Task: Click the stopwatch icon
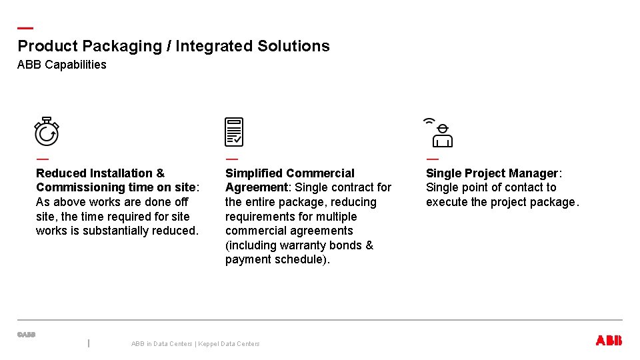pos(47,132)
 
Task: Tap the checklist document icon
pos(234,132)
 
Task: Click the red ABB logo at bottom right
pos(608,341)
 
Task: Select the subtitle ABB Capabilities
pos(61,65)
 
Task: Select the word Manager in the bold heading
pos(533,173)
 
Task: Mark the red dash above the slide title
pos(25,28)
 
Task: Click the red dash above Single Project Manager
pos(432,159)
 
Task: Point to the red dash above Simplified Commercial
pos(231,159)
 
